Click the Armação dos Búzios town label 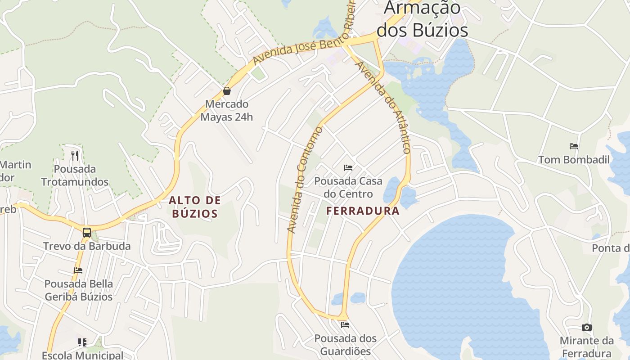click(x=422, y=19)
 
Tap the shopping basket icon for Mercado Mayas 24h click(x=227, y=91)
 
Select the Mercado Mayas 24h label click(x=227, y=111)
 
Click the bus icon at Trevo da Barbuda click(x=87, y=233)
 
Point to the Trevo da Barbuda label click(x=87, y=246)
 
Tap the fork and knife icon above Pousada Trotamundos click(x=75, y=156)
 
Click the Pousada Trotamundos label click(x=75, y=175)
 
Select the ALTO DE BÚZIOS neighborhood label click(x=195, y=207)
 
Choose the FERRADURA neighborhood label click(x=363, y=211)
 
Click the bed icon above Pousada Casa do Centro click(x=348, y=168)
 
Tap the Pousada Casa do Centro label click(x=348, y=187)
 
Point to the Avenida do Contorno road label click(x=305, y=180)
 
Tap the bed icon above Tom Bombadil click(x=573, y=146)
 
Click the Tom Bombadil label click(x=574, y=160)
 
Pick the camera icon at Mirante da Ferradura click(x=586, y=327)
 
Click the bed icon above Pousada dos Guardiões click(x=345, y=325)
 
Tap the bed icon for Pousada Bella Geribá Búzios click(x=78, y=270)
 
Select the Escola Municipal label click(x=82, y=355)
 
